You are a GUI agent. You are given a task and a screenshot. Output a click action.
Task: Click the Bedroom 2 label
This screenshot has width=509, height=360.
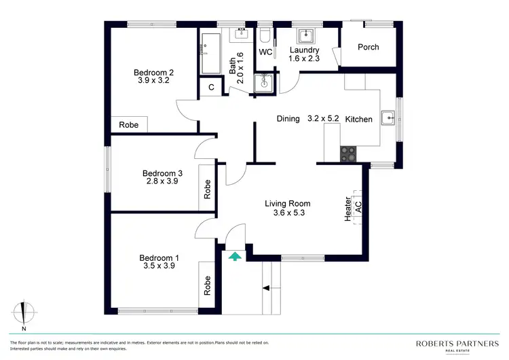pos(154,73)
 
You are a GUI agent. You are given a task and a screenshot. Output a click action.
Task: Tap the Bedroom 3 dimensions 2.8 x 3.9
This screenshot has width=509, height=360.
pos(162,181)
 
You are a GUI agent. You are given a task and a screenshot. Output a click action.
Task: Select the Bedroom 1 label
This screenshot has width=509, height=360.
pos(159,257)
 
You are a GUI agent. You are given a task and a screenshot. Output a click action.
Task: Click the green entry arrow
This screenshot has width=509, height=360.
pos(235,256)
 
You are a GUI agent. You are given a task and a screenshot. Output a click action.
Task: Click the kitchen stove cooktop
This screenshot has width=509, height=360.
pos(348,154)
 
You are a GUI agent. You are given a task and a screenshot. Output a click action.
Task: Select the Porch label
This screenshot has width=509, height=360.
pos(369,47)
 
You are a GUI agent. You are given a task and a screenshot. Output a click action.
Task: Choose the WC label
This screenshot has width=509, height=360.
pos(265,51)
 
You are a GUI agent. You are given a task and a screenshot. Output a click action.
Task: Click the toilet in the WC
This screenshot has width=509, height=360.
pos(265,34)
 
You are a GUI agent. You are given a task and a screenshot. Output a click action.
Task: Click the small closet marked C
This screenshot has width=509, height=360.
pos(211,87)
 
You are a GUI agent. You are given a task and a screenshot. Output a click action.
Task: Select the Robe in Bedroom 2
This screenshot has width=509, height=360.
pos(128,125)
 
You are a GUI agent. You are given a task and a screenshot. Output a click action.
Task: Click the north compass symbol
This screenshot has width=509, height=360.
pos(24,312)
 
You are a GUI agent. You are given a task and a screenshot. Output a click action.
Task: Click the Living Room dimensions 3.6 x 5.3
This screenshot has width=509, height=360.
pos(288,213)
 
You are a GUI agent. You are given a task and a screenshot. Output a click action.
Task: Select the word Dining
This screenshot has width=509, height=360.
pos(288,119)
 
